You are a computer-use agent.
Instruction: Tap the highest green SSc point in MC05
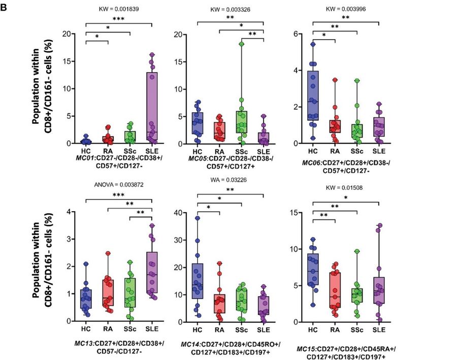tap(242, 44)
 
